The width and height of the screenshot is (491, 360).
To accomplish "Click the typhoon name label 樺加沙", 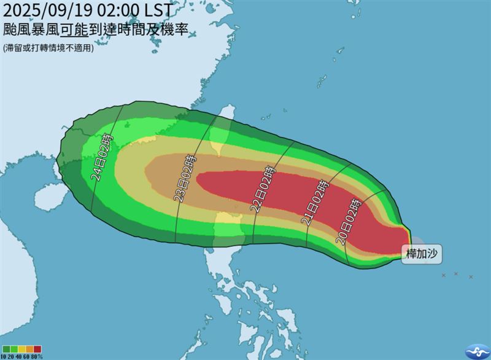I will (422, 253).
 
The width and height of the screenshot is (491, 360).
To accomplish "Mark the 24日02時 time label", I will (102, 157).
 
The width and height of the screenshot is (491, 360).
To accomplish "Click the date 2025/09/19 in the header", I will (48, 10).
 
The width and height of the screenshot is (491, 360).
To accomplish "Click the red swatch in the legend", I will (38, 349).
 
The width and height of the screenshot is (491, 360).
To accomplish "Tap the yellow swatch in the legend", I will (22, 349).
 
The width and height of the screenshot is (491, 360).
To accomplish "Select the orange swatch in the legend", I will (30, 349).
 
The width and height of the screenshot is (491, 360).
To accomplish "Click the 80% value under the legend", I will (38, 356).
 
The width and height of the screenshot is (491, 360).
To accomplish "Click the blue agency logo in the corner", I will (477, 350).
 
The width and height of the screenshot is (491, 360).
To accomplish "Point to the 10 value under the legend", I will (5, 356).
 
